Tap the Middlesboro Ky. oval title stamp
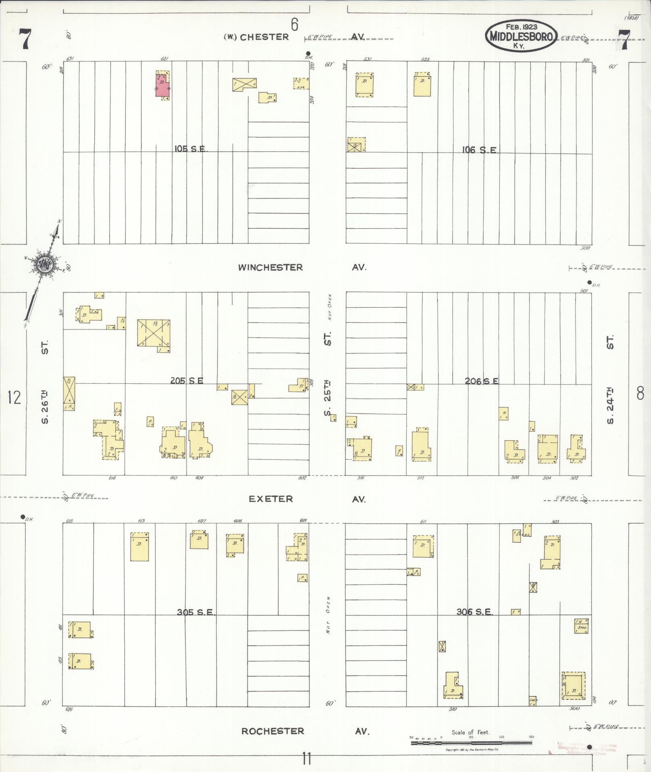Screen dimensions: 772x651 521,36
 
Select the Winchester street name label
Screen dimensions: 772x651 270,268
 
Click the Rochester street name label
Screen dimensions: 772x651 272,731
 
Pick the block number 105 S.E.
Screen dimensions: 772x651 191,149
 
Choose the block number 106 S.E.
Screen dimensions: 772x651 480,151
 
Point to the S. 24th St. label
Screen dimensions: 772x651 610,379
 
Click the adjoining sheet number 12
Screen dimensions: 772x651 14,398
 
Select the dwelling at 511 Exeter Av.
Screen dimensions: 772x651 423,546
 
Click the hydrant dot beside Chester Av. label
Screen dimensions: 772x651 308,53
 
